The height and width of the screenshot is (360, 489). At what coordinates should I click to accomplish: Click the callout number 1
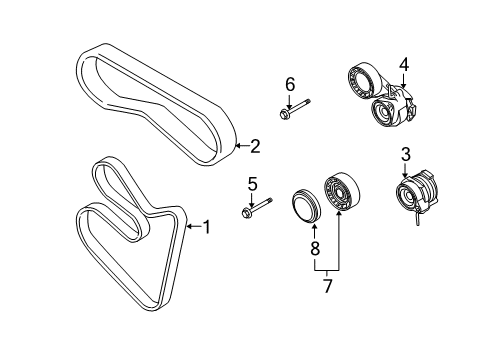(207, 227)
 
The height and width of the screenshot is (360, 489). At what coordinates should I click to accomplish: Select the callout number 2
(255, 146)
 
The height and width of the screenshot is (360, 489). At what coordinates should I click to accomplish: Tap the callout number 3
(406, 155)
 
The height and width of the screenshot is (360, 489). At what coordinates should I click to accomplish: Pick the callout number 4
(404, 65)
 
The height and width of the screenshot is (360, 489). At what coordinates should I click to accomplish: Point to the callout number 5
(252, 184)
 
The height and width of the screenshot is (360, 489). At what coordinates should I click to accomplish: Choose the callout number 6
(290, 85)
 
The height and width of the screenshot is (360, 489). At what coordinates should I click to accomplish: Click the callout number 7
(328, 286)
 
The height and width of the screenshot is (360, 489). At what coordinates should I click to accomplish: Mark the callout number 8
(315, 248)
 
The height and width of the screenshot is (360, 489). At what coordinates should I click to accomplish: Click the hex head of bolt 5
(246, 212)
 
